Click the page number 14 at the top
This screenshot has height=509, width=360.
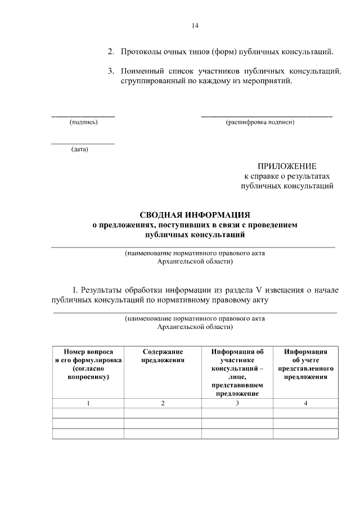(x=195, y=25)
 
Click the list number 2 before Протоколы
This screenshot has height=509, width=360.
(x=111, y=52)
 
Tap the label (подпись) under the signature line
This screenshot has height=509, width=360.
(x=83, y=122)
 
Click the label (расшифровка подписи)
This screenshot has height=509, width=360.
(x=260, y=122)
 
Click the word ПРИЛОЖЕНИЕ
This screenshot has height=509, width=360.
(x=287, y=166)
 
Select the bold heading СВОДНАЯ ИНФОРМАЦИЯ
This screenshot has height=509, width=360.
(x=195, y=215)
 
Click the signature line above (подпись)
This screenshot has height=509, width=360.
(x=83, y=116)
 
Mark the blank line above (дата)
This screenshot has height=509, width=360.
(x=83, y=144)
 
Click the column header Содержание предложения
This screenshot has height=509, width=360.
(x=163, y=356)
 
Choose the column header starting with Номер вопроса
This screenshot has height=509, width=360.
(x=88, y=364)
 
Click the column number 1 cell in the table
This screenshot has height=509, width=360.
(x=88, y=403)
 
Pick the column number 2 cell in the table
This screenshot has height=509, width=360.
(x=163, y=403)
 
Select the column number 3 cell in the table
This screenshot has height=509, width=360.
(x=237, y=403)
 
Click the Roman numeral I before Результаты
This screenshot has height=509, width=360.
(x=75, y=290)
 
